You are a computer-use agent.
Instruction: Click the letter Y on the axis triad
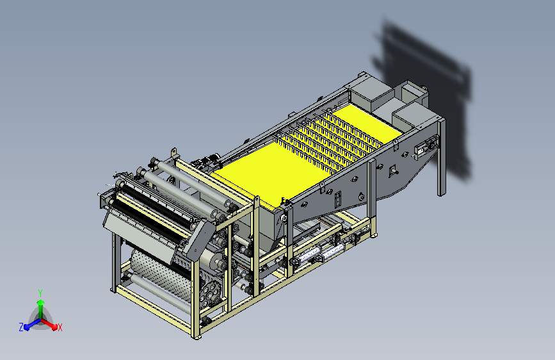pos(40,293)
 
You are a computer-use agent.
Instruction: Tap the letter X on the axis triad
pos(60,328)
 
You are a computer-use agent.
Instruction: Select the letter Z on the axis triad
pos(21,327)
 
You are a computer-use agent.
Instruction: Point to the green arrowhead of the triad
pos(41,303)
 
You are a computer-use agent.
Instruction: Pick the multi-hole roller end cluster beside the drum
pos(211,292)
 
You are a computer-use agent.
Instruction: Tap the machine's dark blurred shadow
pos(425,95)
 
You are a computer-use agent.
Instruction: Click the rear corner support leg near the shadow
pos(442,158)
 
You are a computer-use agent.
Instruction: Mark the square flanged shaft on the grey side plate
pos(392,171)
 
